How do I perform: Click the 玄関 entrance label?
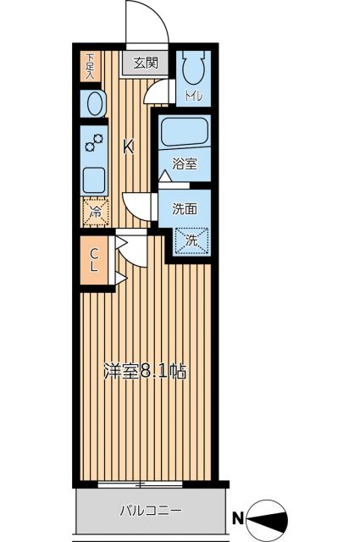click(146, 62)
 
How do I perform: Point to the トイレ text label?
click(193, 97)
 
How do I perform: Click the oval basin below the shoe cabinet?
click(94, 104)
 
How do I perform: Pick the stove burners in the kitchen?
click(94, 143)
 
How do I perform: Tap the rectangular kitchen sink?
click(94, 179)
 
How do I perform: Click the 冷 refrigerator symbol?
click(95, 213)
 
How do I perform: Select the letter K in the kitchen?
click(129, 147)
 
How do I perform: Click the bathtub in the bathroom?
click(185, 132)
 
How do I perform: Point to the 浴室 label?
click(185, 164)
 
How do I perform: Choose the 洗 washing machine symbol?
click(191, 241)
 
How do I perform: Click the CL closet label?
click(94, 258)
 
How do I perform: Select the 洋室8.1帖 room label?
click(145, 370)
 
